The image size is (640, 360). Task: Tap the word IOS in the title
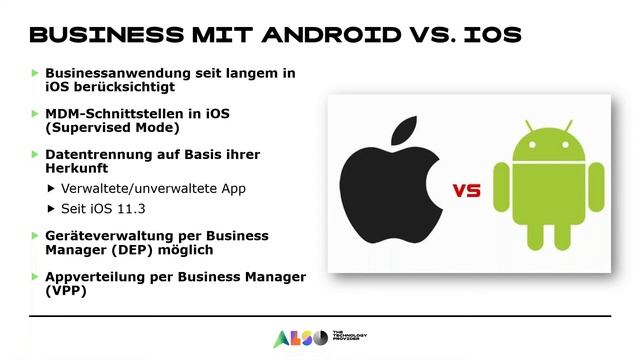click(487, 34)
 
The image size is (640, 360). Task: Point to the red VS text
click(466, 190)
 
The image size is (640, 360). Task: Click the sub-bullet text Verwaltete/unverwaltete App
click(153, 188)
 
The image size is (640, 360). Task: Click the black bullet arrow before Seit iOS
click(52, 208)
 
